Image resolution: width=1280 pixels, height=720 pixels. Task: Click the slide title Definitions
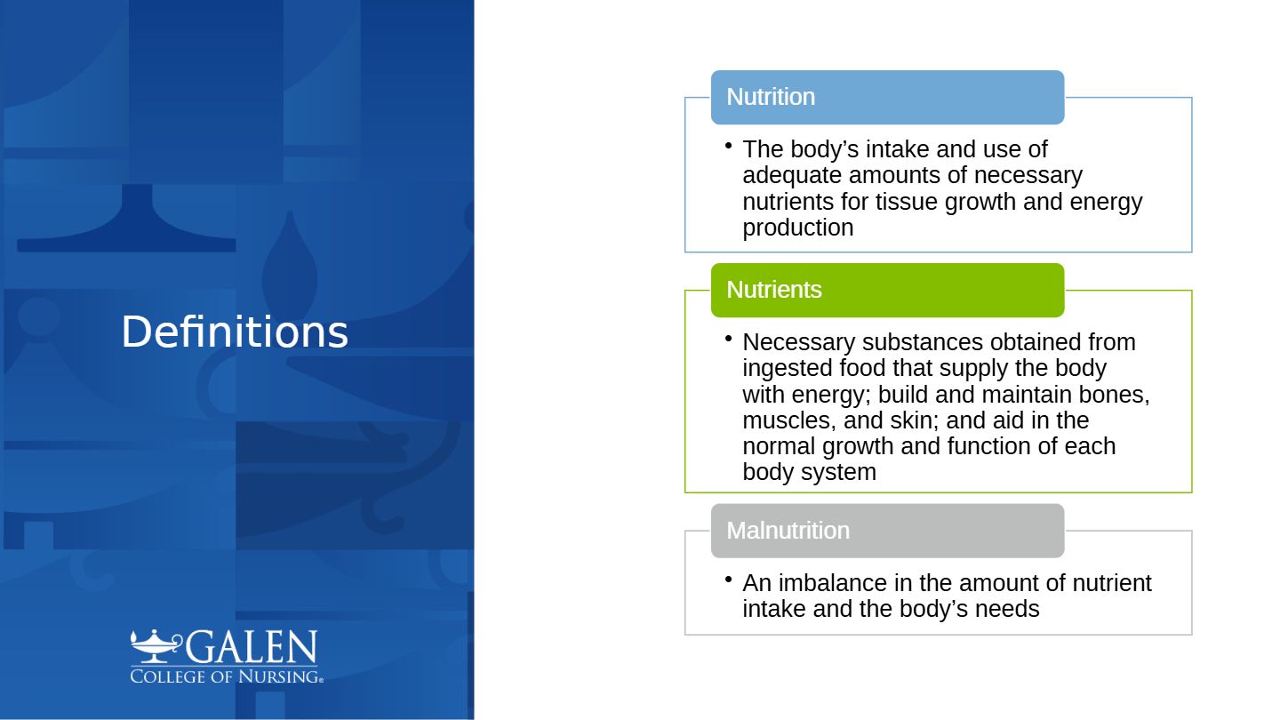tap(235, 332)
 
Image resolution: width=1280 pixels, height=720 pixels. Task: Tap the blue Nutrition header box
tap(887, 97)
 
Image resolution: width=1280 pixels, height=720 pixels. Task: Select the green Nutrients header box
tap(887, 291)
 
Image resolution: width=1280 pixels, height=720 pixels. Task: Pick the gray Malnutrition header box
tap(887, 531)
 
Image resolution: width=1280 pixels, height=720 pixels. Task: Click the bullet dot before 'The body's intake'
tap(728, 146)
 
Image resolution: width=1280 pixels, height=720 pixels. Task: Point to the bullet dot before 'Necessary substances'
tap(728, 339)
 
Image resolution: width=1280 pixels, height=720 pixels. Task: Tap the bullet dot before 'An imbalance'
tap(728, 580)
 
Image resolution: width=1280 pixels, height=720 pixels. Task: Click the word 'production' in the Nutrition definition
tap(797, 228)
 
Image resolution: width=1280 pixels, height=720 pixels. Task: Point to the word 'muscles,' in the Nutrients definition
tap(789, 420)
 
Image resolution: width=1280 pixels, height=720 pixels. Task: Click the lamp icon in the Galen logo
tap(156, 646)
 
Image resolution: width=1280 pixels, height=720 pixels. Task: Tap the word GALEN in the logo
tap(251, 647)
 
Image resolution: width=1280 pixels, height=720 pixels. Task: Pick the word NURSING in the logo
tap(279, 676)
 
